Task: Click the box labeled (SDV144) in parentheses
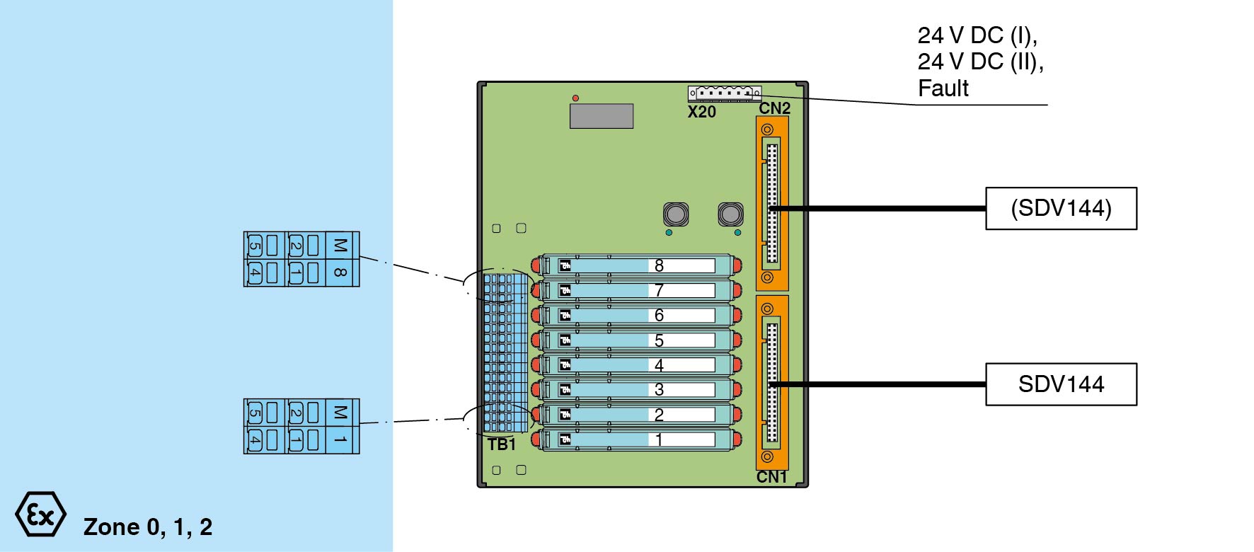(1061, 209)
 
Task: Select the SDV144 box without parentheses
(1061, 384)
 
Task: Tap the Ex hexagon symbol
(40, 514)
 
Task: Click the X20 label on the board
(702, 112)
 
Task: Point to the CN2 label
(774, 108)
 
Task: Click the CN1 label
(771, 477)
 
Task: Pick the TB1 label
(502, 444)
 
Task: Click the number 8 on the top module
(659, 265)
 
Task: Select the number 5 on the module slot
(659, 340)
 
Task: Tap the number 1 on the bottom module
(659, 439)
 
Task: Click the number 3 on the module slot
(659, 389)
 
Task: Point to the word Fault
(943, 88)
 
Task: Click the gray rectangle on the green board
(602, 116)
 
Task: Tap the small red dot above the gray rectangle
(575, 98)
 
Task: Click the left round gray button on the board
(676, 214)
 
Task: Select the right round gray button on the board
(730, 214)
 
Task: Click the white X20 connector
(725, 93)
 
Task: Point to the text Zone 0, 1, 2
(148, 527)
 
